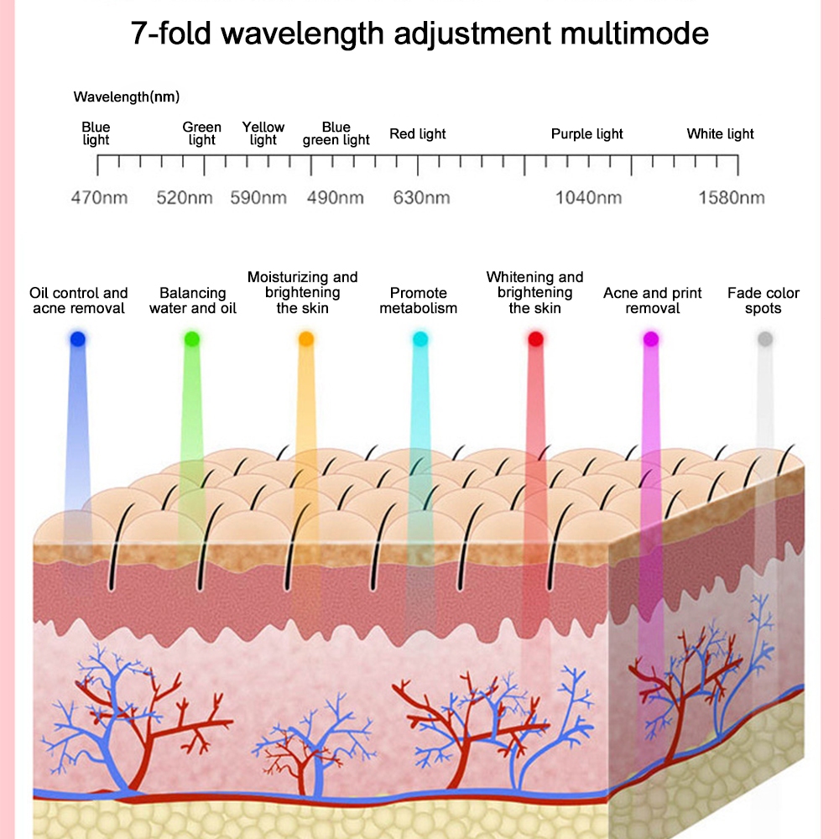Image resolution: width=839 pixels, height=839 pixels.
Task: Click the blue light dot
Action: pos(78,340)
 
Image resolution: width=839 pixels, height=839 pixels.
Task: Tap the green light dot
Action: pos(192,339)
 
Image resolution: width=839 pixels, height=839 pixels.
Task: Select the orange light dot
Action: pos(306,339)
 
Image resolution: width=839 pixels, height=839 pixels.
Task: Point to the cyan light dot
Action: pos(419,339)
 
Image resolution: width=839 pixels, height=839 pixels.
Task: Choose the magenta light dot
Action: pos(649,339)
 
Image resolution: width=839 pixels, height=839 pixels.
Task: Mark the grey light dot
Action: pos(764,339)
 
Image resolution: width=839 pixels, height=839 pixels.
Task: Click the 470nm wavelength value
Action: pos(99,198)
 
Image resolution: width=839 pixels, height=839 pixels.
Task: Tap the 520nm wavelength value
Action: pos(185,198)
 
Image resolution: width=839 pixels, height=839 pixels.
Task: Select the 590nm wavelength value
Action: pos(258,198)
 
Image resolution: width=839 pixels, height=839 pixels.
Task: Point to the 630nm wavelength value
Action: pos(422,198)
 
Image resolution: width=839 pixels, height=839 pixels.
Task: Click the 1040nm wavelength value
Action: pos(588,198)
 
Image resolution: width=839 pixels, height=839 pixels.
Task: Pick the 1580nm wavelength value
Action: pos(732,198)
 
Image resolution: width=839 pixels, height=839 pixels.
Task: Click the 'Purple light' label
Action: pos(587,134)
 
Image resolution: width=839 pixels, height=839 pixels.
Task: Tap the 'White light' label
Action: pos(720,134)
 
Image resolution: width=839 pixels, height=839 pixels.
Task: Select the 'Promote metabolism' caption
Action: pos(418,300)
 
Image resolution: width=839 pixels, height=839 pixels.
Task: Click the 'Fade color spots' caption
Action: pos(763,300)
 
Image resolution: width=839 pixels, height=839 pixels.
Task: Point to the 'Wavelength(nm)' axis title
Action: pos(127,97)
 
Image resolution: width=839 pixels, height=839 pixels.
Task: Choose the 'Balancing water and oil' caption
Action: pos(193,300)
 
